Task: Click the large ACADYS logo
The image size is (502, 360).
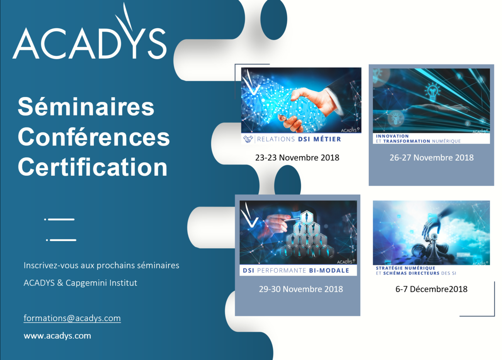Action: (x=90, y=31)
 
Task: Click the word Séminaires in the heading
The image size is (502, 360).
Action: (x=86, y=107)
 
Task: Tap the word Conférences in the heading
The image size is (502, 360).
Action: (x=94, y=137)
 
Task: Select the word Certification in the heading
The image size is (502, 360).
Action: (x=93, y=167)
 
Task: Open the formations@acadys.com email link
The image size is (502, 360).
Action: (x=72, y=318)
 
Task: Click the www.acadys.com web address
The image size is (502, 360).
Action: (x=58, y=336)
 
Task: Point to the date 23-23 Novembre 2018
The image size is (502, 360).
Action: (x=297, y=158)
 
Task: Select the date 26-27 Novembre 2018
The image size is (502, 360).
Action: (x=431, y=158)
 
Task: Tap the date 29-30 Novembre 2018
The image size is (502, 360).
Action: (x=301, y=289)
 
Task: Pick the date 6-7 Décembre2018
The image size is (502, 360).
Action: (x=431, y=289)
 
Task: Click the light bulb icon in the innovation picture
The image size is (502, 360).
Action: (x=432, y=92)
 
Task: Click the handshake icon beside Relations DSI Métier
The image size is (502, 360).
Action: (x=248, y=139)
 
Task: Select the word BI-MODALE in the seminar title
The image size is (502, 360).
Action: (x=329, y=270)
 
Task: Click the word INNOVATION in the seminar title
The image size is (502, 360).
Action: (x=392, y=136)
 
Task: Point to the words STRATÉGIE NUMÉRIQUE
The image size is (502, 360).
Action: (x=405, y=268)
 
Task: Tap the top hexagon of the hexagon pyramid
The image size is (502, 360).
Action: (x=306, y=217)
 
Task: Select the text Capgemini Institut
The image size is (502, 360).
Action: (x=101, y=283)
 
